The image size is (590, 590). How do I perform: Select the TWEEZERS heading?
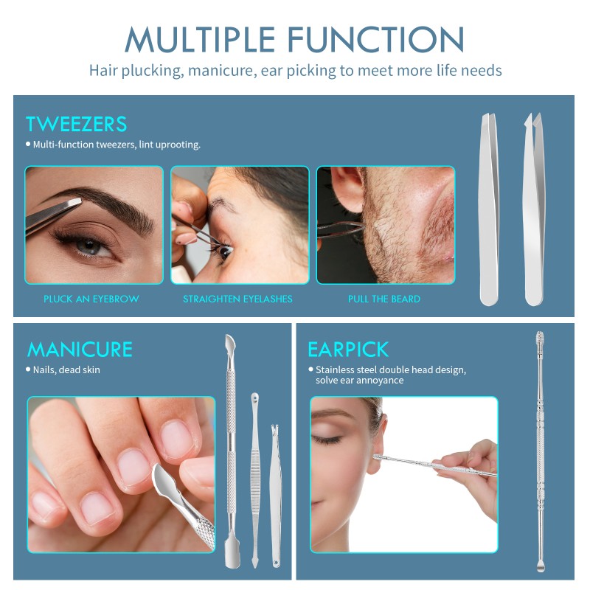click(x=77, y=123)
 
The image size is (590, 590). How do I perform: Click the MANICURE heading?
click(x=80, y=349)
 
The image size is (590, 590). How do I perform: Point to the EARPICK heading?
click(x=348, y=349)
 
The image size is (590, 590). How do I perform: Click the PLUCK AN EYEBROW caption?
click(x=91, y=299)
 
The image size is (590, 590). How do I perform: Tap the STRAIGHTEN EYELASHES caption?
click(x=237, y=299)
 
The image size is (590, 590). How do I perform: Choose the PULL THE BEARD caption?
click(x=384, y=299)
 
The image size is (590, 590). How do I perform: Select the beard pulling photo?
click(x=386, y=225)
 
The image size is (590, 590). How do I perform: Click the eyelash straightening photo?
click(x=240, y=225)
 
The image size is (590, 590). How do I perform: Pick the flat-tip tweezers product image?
click(x=490, y=210)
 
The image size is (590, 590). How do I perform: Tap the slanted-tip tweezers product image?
click(x=534, y=210)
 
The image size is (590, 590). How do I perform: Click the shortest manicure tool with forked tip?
click(x=275, y=494)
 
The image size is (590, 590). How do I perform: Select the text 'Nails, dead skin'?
click(x=66, y=369)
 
